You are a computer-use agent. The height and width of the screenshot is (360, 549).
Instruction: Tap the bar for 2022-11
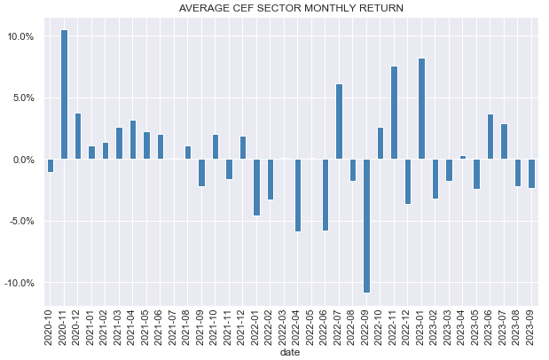(x=394, y=113)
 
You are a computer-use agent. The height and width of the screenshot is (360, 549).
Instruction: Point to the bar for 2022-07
(x=339, y=121)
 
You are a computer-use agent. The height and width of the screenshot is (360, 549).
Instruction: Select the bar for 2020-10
(x=51, y=166)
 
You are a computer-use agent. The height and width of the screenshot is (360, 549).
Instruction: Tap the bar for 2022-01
(x=256, y=187)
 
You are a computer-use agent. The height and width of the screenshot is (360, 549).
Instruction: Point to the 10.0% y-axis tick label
(x=20, y=36)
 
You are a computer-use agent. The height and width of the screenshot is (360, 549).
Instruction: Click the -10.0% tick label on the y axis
(x=18, y=283)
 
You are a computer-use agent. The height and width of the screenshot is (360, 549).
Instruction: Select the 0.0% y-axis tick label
(x=22, y=160)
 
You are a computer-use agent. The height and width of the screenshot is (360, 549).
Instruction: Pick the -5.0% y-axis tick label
(x=20, y=222)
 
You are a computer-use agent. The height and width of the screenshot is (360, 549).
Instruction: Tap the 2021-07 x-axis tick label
(x=174, y=325)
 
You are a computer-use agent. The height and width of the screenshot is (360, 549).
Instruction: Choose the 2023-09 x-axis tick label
(x=531, y=325)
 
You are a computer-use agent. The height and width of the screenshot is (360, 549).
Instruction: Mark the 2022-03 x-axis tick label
(x=284, y=325)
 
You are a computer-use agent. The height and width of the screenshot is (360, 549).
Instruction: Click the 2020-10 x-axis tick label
(x=51, y=325)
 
